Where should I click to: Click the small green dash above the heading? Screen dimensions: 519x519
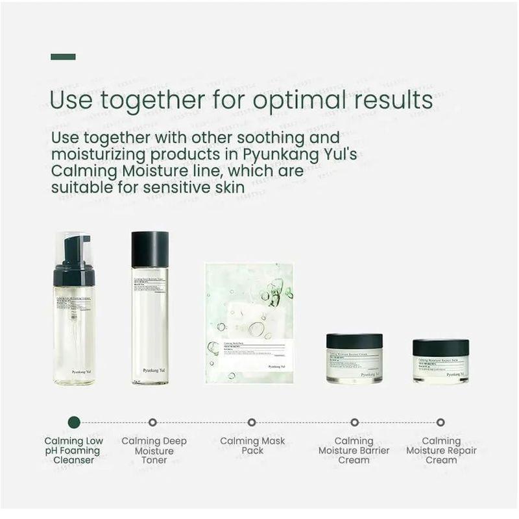point(63,57)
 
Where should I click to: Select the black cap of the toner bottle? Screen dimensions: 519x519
point(150,249)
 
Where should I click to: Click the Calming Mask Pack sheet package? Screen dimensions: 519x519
point(249,322)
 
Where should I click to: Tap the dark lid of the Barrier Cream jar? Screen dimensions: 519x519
point(354,341)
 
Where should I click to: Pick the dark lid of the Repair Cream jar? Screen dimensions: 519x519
point(441,348)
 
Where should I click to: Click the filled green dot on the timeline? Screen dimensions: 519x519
point(74,422)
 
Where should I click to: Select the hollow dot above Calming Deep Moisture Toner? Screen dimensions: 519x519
point(152,422)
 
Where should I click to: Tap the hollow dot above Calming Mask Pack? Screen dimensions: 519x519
point(252,422)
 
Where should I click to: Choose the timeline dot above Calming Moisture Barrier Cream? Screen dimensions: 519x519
point(354,422)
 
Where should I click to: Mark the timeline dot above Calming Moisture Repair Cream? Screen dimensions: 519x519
point(441,422)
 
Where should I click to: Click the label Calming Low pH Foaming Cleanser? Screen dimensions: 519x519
point(74,450)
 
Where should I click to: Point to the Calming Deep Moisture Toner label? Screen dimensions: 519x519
point(154,450)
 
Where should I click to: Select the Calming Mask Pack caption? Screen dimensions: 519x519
point(252,446)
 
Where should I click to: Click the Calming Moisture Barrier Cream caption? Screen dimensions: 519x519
point(354,450)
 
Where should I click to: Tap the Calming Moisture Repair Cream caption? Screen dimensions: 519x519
point(441,450)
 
